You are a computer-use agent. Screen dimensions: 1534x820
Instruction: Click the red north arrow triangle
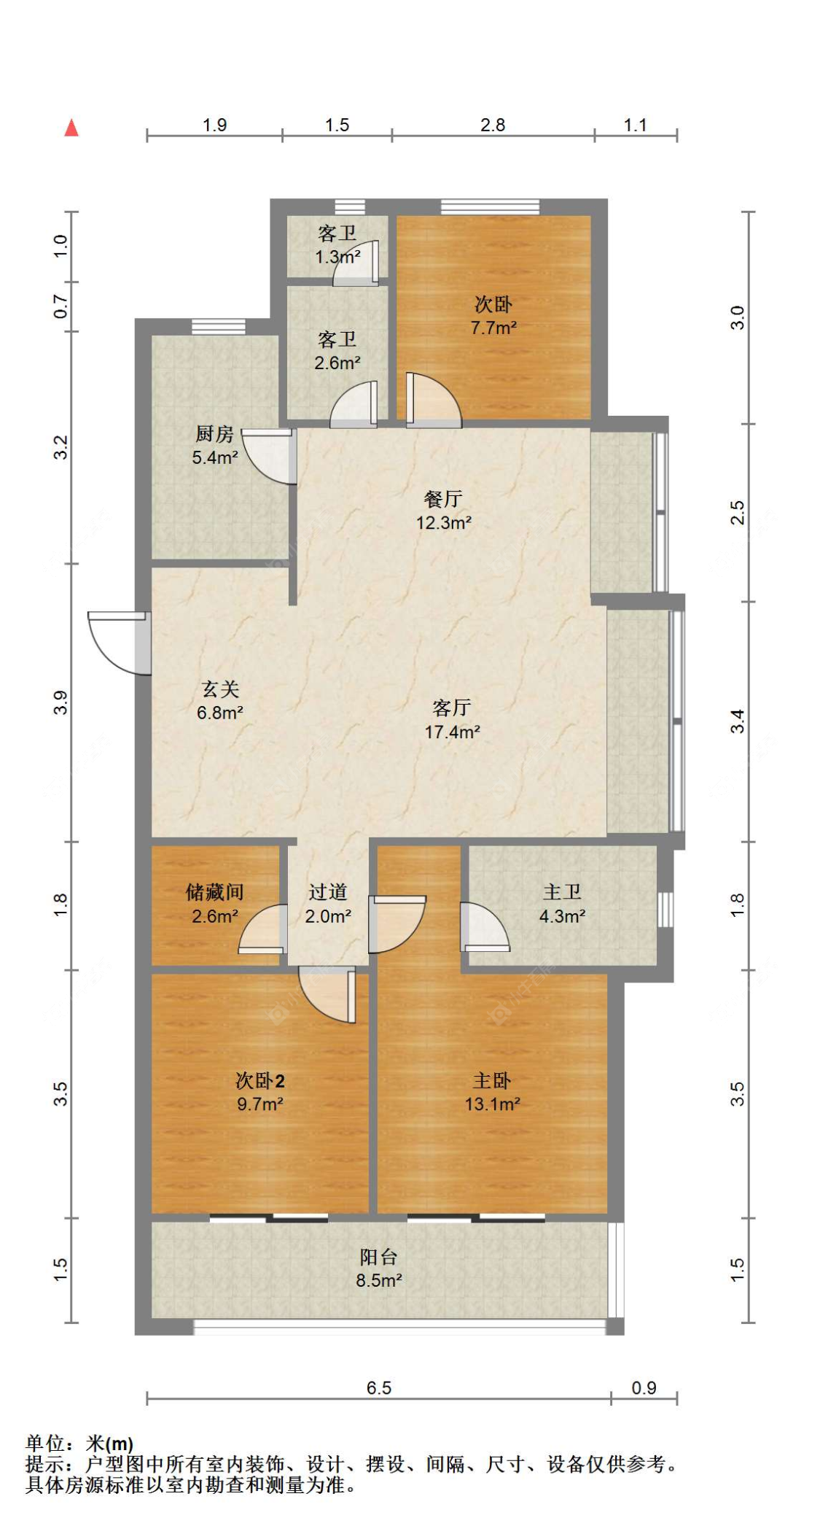pos(71,128)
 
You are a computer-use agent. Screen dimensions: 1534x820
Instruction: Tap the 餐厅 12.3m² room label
pos(443,511)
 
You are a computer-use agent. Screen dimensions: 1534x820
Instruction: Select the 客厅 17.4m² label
pos(452,719)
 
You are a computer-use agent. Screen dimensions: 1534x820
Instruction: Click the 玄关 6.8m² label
pos(219,700)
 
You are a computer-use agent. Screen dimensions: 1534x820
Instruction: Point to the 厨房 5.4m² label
pos(214,446)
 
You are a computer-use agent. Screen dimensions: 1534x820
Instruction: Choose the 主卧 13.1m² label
pos(492,1092)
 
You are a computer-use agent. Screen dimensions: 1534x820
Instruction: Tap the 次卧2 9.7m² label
pos(259,1092)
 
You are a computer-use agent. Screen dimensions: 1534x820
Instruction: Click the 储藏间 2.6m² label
pos(214,904)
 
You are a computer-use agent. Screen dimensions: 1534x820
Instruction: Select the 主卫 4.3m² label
pos(562,904)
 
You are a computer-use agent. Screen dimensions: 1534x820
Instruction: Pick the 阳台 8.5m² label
pos(378,1268)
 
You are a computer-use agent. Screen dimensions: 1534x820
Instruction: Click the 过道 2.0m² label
pos(328,904)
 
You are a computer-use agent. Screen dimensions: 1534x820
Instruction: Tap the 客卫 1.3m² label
pos(337,244)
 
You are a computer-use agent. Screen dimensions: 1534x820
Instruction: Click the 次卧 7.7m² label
pos(493,315)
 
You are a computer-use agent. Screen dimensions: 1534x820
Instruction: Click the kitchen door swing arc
pos(267,456)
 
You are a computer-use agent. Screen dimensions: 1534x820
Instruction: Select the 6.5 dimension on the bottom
pos(378,1387)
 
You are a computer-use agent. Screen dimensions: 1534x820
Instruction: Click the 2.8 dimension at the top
pos(493,125)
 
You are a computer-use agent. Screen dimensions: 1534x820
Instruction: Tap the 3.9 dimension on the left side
pos(60,702)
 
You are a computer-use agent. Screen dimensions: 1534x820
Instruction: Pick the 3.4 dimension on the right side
pos(738,721)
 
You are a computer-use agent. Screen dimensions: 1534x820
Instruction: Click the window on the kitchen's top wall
pos(218,327)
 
